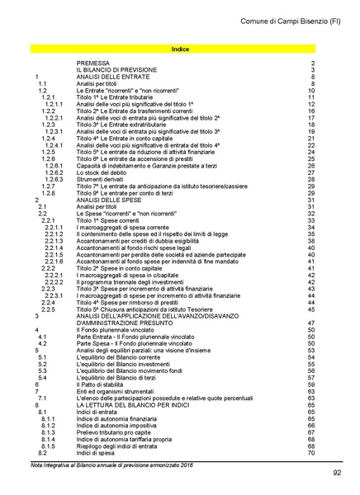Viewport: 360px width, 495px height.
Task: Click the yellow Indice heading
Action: pyautogui.click(x=179, y=49)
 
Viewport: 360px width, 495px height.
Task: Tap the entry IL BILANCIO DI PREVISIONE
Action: pyautogui.click(x=116, y=70)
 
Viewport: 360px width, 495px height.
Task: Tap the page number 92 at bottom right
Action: pyautogui.click(x=336, y=473)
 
